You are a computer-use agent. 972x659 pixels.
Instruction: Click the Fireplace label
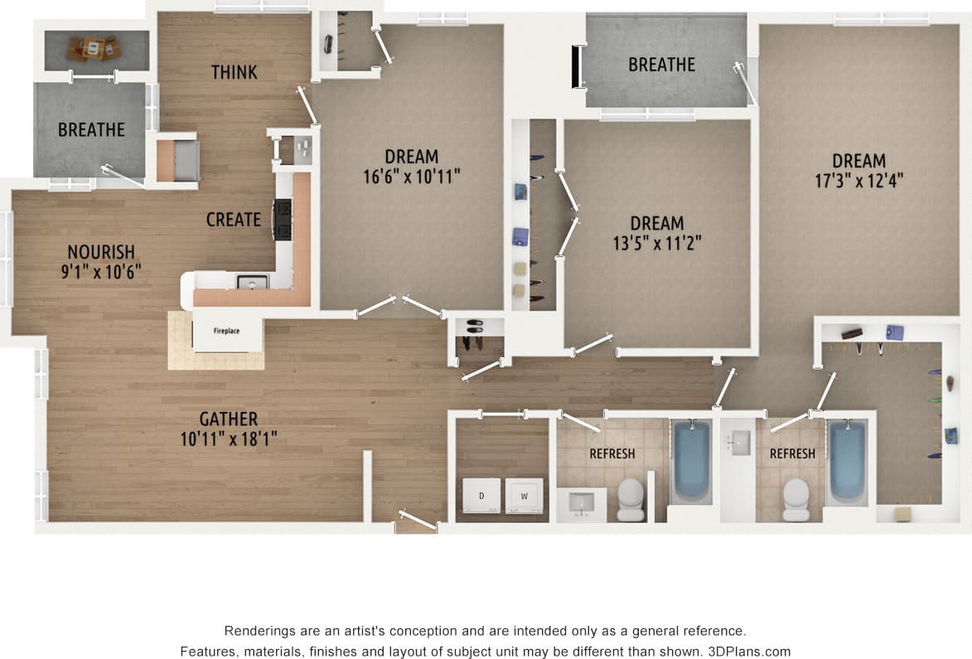226,331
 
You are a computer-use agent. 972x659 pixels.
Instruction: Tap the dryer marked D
481,496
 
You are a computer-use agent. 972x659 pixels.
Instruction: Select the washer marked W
524,496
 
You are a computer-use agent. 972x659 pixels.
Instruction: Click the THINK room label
235,72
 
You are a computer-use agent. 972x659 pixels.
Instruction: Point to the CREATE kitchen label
234,220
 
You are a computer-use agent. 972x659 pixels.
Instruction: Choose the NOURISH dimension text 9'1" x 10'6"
101,271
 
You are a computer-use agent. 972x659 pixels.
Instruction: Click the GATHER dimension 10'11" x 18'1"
229,439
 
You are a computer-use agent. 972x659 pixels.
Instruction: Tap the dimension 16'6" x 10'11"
412,176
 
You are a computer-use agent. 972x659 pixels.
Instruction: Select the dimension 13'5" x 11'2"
657,243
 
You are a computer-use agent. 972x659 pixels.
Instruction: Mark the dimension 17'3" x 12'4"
859,181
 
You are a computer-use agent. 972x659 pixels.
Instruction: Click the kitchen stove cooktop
283,220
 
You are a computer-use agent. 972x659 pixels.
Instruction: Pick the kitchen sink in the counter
252,283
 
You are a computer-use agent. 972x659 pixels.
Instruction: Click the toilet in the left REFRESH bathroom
631,497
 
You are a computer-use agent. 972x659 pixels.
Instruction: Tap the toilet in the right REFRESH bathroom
796,497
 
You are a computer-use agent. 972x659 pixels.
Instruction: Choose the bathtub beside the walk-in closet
847,461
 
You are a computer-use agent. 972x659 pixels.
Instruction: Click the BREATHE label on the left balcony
91,129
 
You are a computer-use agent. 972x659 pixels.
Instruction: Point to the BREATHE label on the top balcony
661,64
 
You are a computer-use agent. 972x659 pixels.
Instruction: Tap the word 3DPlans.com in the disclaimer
751,652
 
